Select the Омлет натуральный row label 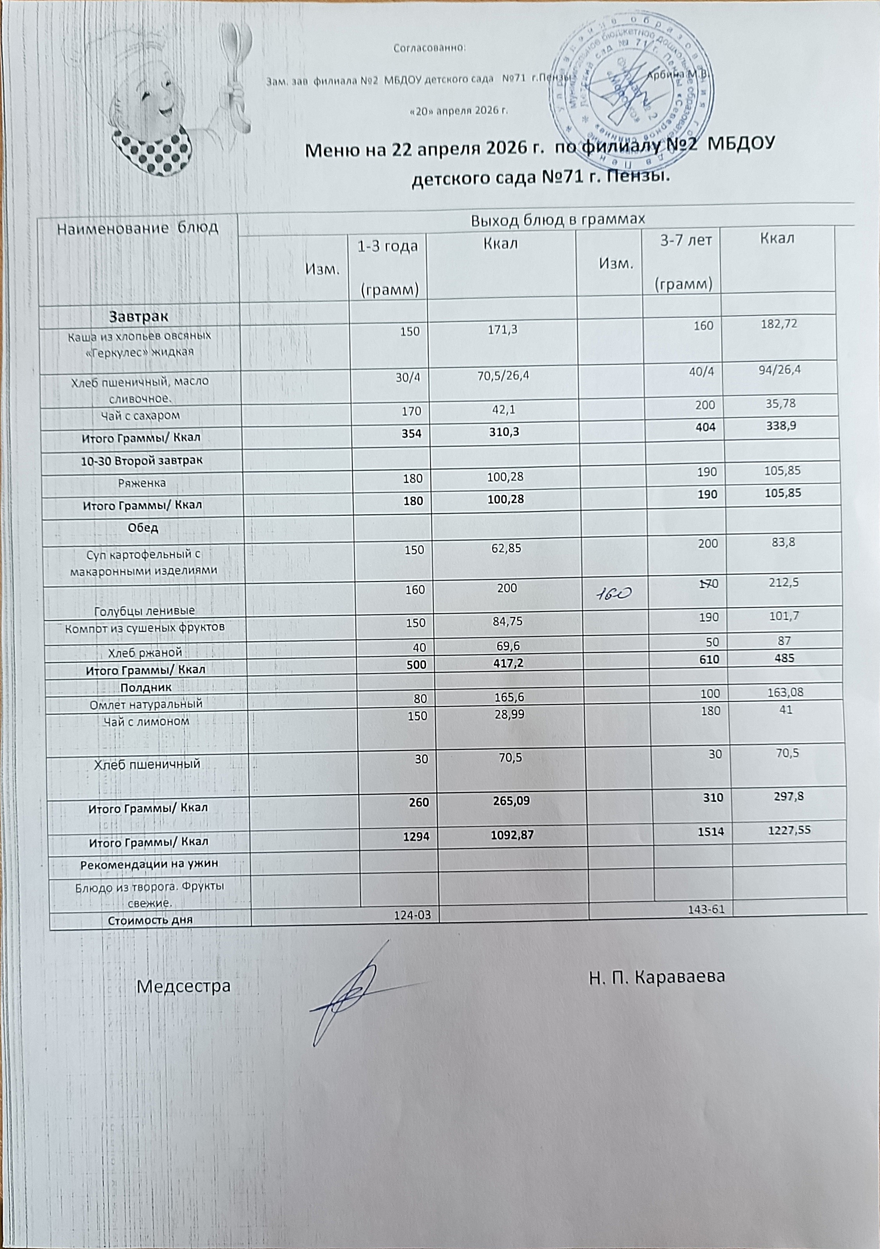(145, 703)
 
